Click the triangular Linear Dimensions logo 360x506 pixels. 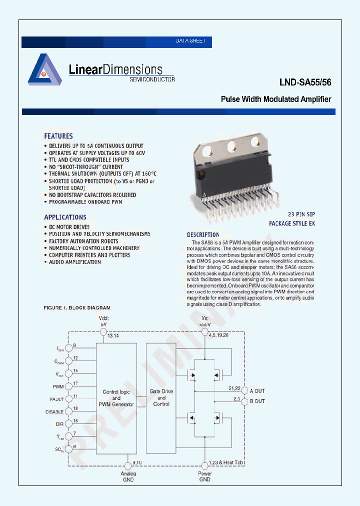pos(44,69)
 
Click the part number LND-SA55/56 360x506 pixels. pos(305,82)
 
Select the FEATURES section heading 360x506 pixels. pos(58,136)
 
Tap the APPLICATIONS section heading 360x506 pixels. pos(65,217)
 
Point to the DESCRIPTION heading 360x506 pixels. pos(203,234)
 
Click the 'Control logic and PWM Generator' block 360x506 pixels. pos(116,398)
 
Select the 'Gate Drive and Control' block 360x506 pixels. pos(161,398)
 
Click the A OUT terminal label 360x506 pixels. pos(257,391)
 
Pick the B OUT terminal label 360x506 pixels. pos(257,401)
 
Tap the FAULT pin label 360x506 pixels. pos(56,399)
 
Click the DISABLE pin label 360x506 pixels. pos(54,412)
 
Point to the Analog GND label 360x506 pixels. pos(128,476)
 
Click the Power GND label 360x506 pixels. pos(205,476)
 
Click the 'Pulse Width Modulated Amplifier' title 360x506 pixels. pos(276,99)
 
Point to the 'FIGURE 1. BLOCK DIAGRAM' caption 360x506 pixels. pos(77,307)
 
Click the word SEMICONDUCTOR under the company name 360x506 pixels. pos(152,79)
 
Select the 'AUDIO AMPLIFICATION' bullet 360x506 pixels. pos(74,262)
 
